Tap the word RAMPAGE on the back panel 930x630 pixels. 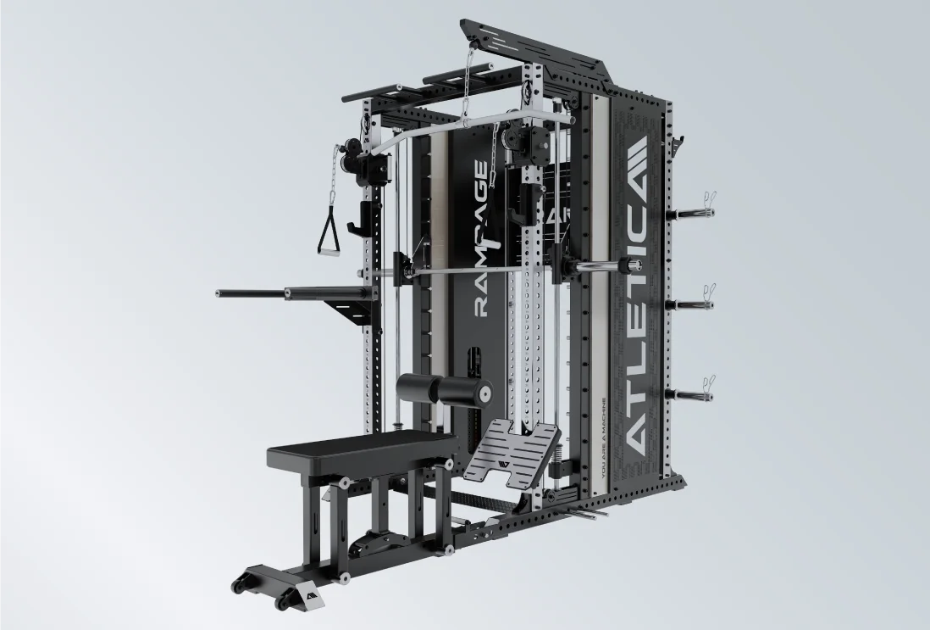pyautogui.click(x=480, y=238)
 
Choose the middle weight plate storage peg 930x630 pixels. pyautogui.click(x=690, y=303)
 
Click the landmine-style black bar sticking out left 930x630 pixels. pyautogui.click(x=254, y=294)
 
